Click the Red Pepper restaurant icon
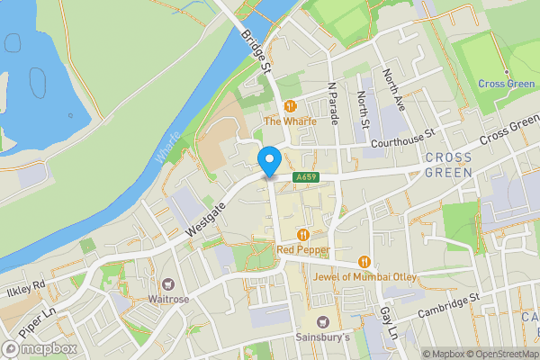pyautogui.click(x=303, y=234)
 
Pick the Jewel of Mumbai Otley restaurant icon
pyautogui.click(x=364, y=261)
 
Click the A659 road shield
pyautogui.click(x=307, y=178)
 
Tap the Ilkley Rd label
pyautogui.click(x=26, y=288)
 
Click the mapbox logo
pyautogui.click(x=40, y=348)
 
